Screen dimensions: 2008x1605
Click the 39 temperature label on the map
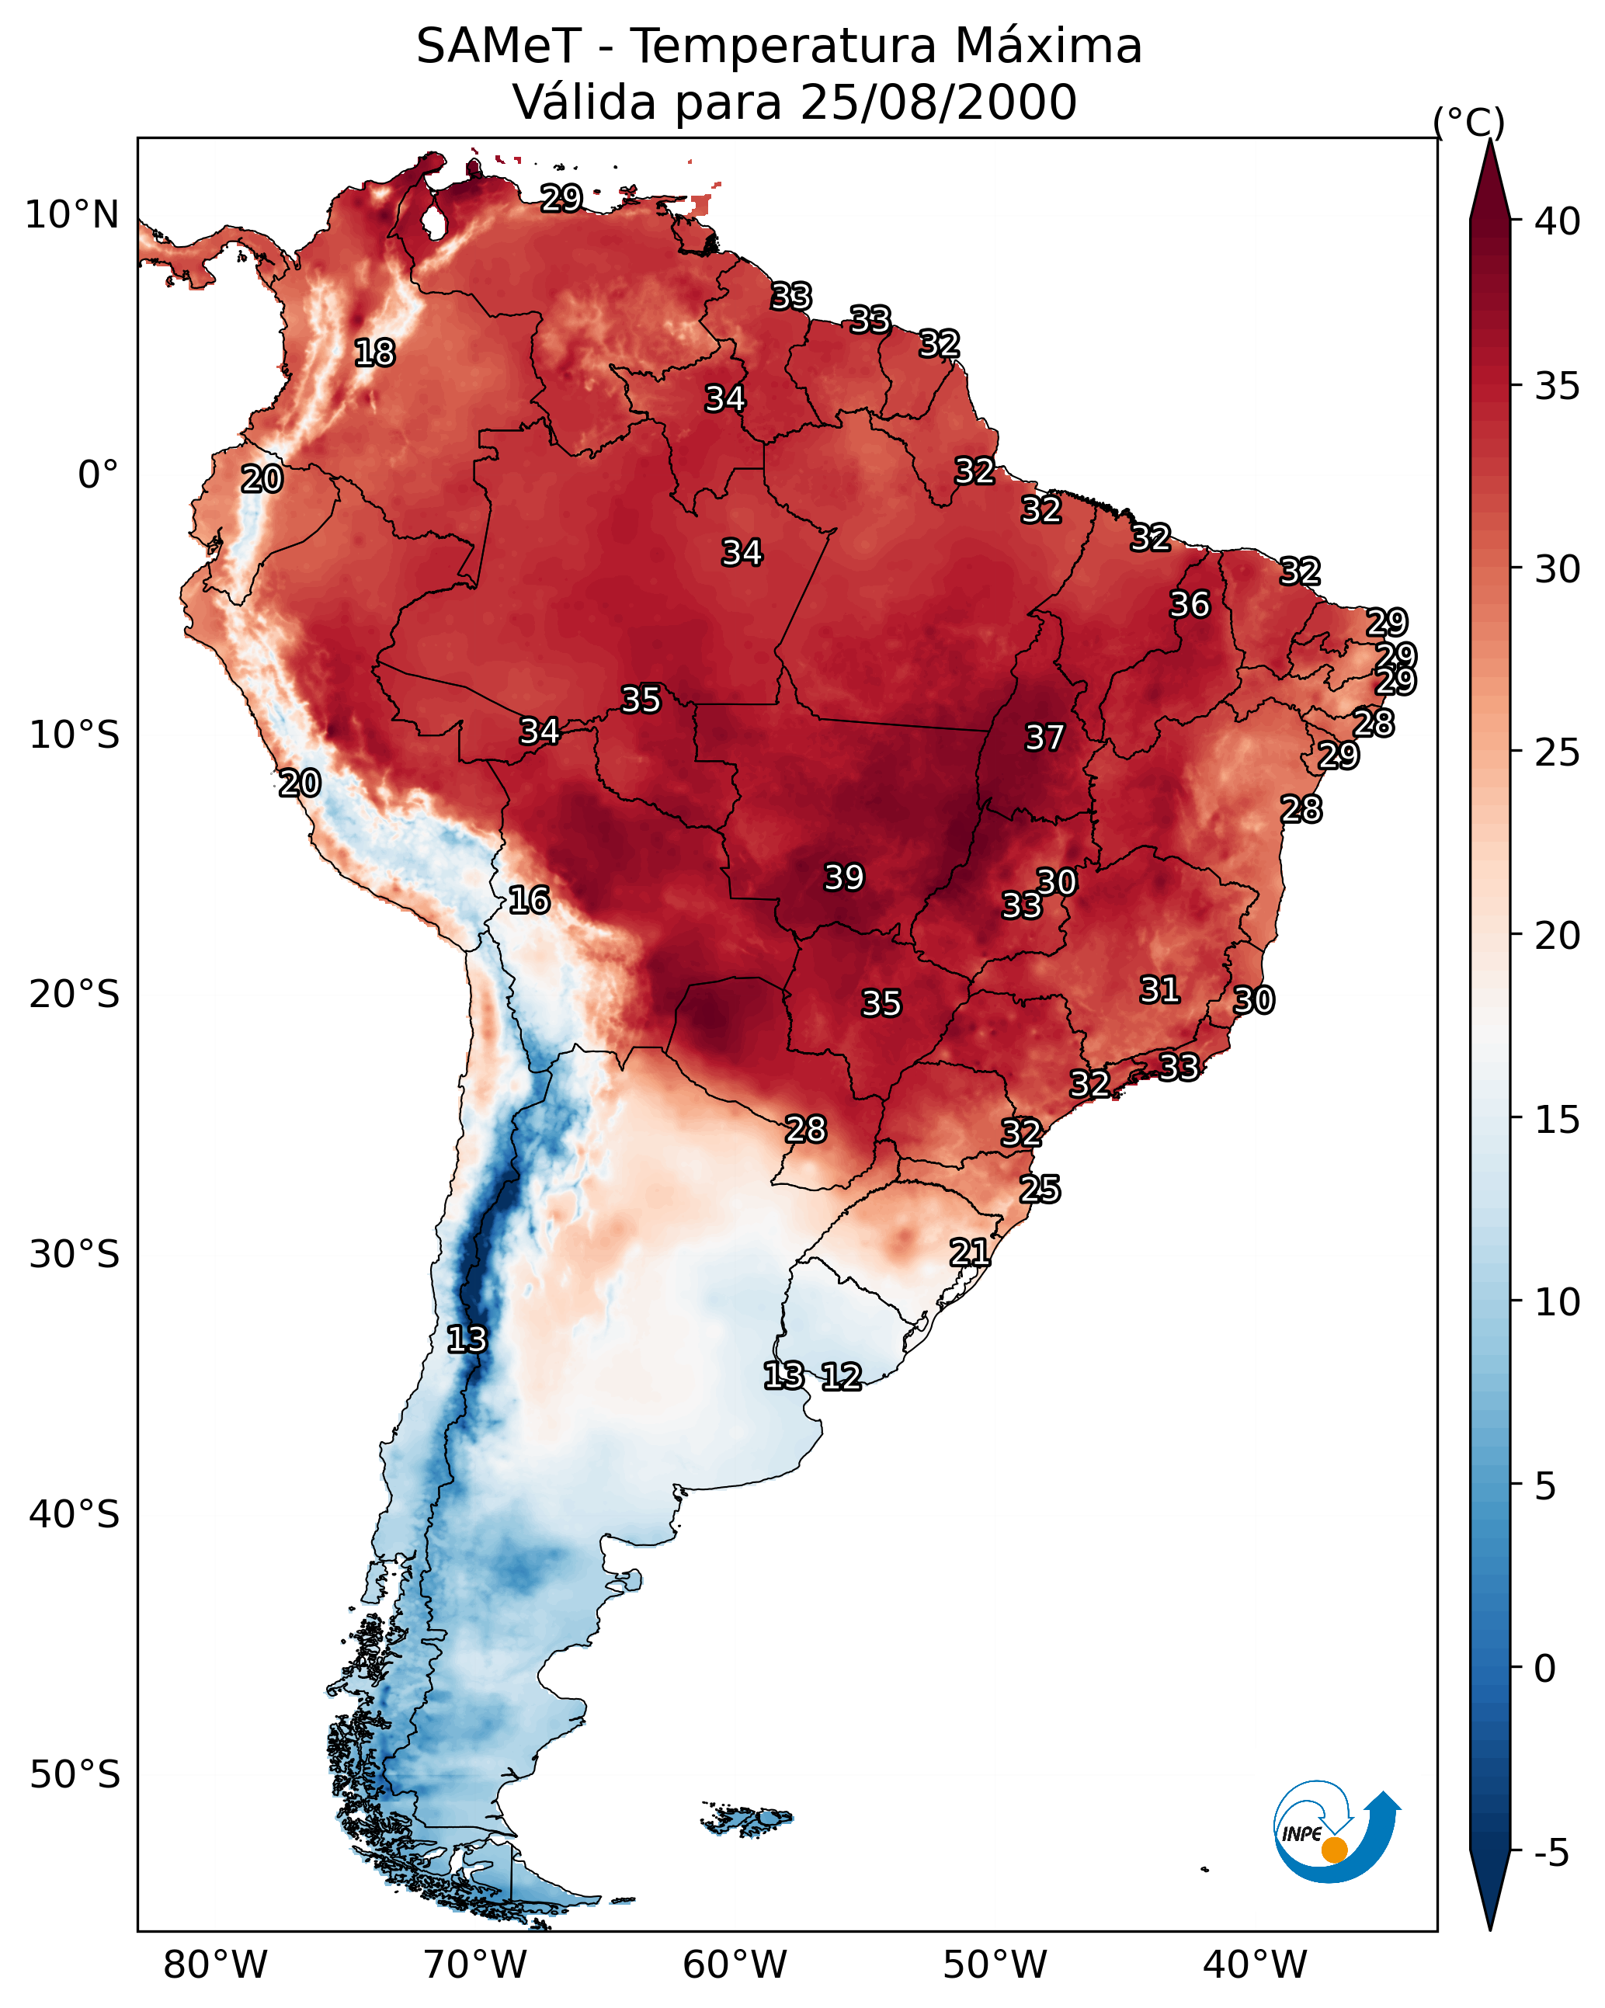point(844,877)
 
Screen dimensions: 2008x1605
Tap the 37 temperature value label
point(1044,738)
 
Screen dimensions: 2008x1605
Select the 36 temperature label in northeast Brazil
point(1190,604)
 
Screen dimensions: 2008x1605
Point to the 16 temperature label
point(529,900)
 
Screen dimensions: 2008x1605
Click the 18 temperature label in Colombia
point(374,353)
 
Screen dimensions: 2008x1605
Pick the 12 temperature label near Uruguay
point(841,1377)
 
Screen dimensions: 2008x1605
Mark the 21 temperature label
point(970,1252)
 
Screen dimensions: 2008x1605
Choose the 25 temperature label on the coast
point(1040,1190)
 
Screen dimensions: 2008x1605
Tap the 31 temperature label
point(1160,990)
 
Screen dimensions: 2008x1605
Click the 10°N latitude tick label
point(71,215)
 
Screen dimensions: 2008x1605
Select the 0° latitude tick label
point(98,475)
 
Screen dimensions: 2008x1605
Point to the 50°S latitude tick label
point(75,1775)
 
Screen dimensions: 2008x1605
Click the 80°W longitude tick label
point(215,1965)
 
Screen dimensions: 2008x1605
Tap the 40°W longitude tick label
point(1255,1965)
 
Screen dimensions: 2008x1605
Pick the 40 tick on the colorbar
point(1558,221)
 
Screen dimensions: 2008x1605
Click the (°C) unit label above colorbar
point(1469,122)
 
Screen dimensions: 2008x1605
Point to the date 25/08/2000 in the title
point(938,102)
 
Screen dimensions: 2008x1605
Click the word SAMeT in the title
point(499,47)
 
